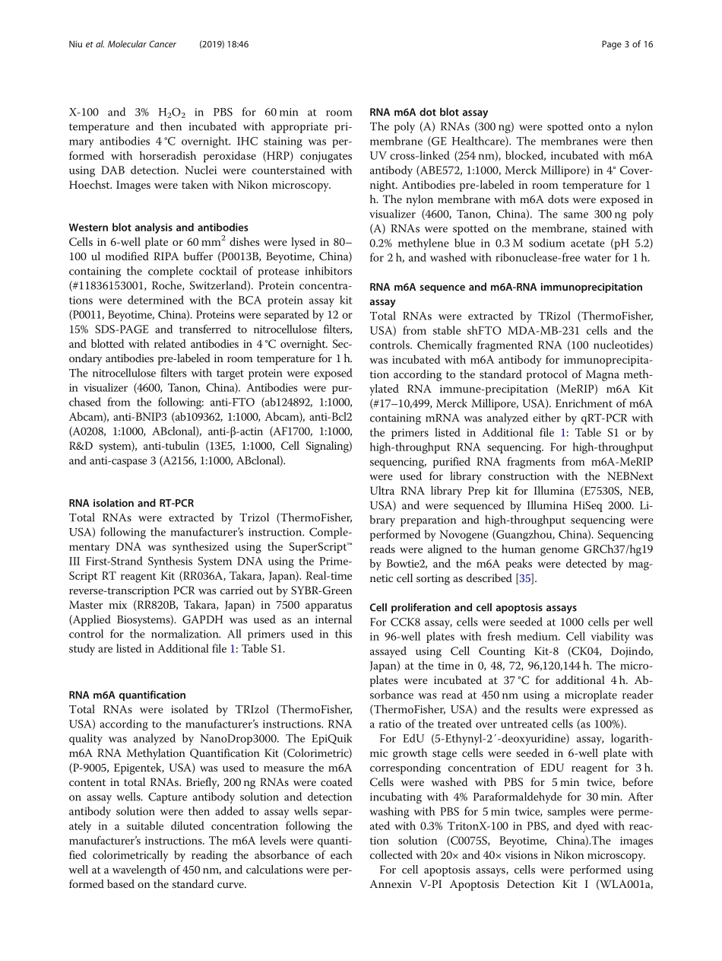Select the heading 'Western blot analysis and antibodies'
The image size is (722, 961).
pos(158,227)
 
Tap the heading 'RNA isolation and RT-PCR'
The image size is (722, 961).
pos(131,503)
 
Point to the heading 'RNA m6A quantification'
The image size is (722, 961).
pos(127,695)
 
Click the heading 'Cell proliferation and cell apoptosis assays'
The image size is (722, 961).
pos(473,607)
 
